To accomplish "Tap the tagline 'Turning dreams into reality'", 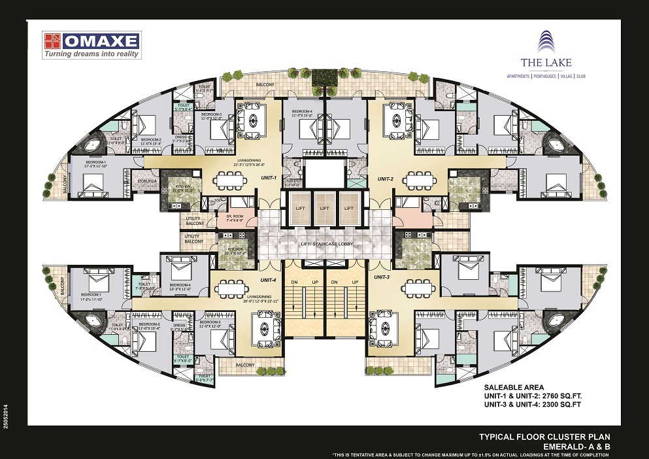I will [92, 55].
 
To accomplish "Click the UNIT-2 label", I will [384, 178].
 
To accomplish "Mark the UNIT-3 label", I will [382, 277].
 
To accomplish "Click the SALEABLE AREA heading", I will [513, 387].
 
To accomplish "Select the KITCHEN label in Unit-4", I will [235, 249].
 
